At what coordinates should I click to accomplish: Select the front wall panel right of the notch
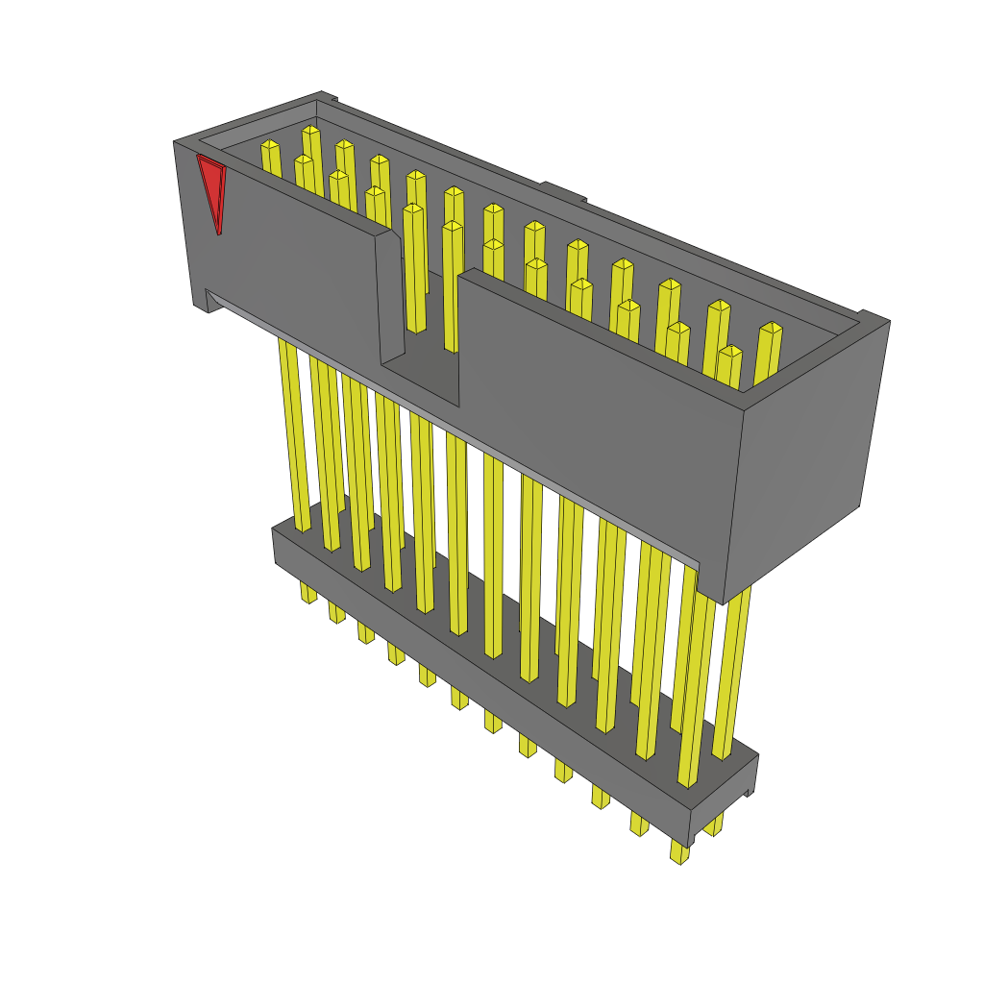tap(596, 404)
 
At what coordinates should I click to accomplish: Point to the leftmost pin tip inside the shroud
tap(270, 145)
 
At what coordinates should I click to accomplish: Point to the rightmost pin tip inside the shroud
tap(771, 328)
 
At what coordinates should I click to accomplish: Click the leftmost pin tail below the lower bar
tap(307, 592)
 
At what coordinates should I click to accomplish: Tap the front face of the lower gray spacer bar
tap(480, 673)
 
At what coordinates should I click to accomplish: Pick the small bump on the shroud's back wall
tap(563, 191)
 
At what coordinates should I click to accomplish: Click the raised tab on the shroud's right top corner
tap(873, 317)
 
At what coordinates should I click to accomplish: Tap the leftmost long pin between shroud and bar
tap(293, 432)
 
